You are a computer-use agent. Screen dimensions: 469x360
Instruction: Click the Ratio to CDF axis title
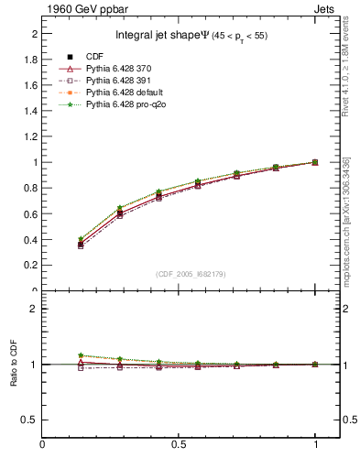click(x=14, y=365)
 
